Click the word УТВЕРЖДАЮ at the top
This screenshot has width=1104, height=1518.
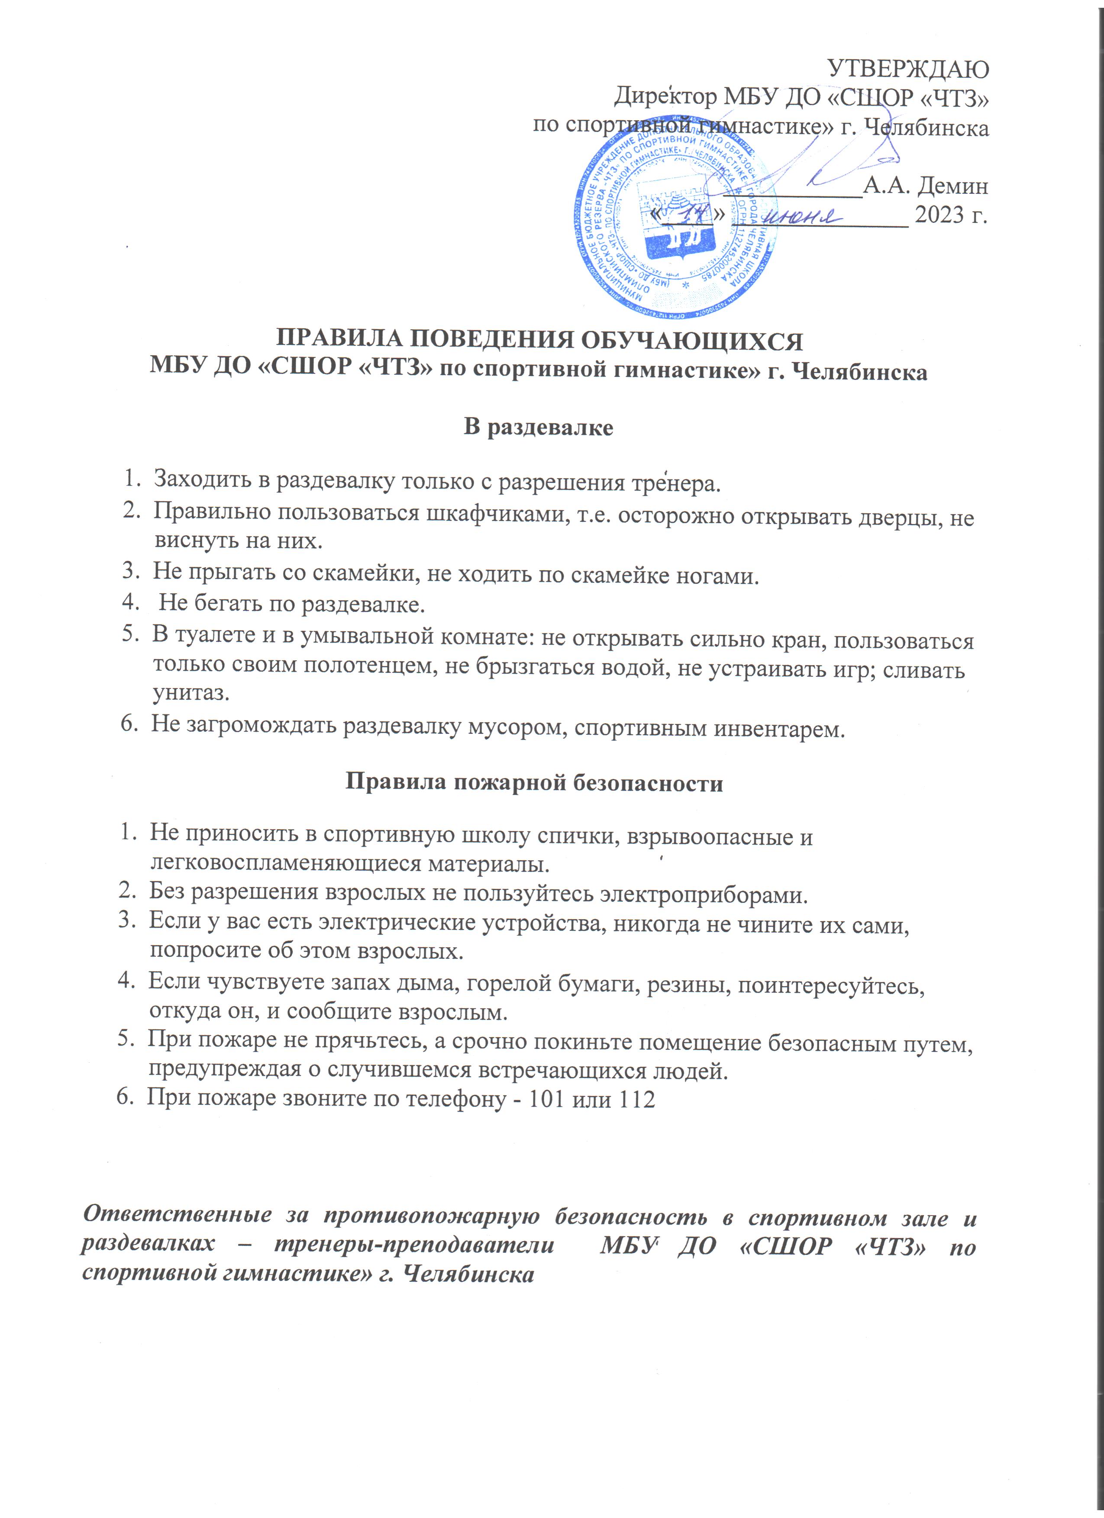908,68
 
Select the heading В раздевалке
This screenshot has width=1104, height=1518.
538,427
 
